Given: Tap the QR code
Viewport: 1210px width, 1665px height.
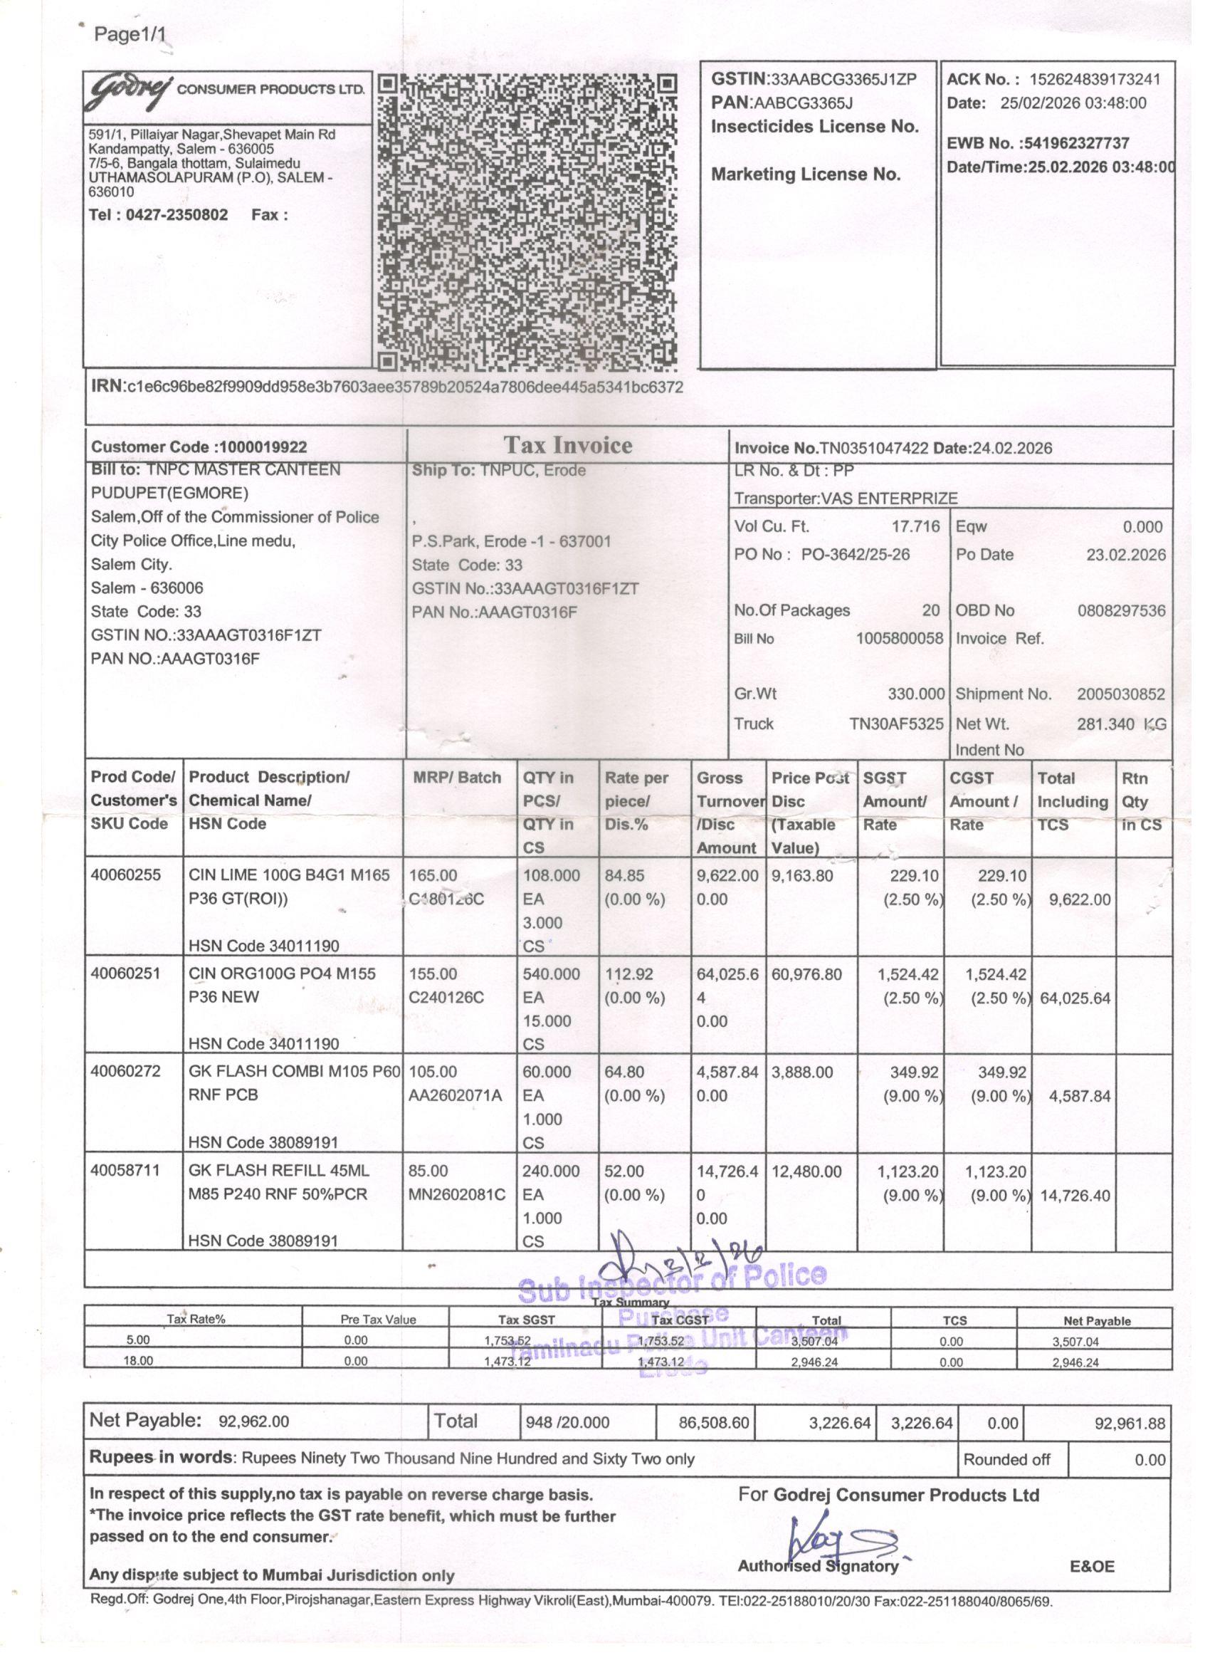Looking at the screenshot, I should [x=527, y=221].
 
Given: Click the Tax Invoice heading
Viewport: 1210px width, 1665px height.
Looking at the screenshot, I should [x=567, y=446].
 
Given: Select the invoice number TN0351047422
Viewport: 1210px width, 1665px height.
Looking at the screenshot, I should [x=873, y=449].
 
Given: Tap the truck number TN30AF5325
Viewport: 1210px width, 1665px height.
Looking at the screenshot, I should [x=896, y=724].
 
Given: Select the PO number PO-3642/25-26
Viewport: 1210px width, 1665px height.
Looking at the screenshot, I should [x=855, y=554].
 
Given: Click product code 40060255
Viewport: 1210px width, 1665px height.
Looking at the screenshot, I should [x=125, y=875].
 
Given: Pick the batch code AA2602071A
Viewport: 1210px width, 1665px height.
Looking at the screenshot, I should [x=455, y=1096].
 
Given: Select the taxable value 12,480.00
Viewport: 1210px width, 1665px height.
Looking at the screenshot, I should [x=806, y=1171].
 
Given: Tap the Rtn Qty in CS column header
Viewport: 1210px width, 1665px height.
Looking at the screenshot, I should [x=1141, y=801].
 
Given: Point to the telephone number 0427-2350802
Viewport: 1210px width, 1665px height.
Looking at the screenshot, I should [x=177, y=215].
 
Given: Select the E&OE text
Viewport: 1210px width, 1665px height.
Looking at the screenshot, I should [x=1092, y=1567].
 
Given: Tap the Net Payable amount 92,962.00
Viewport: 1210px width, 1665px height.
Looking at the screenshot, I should [x=254, y=1421].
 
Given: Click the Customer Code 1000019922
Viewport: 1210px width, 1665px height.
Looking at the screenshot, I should [x=263, y=447].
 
